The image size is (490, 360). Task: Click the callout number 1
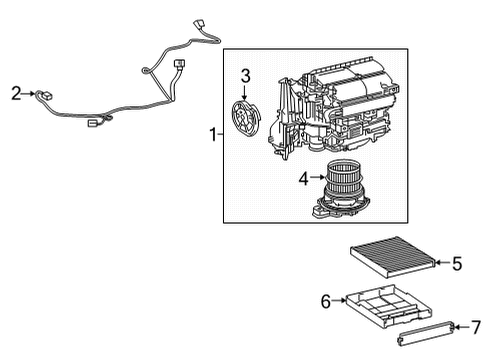coord(211,133)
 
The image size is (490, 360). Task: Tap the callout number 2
coord(16,94)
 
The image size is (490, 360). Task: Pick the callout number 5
coord(456,264)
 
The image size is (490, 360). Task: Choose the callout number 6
coord(325,300)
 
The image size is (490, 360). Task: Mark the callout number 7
coord(476,326)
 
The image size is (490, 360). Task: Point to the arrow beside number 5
coord(441,264)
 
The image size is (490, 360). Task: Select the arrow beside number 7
coord(462,326)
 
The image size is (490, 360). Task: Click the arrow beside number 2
coord(30,94)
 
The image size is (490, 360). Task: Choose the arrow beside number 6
coord(339,300)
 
